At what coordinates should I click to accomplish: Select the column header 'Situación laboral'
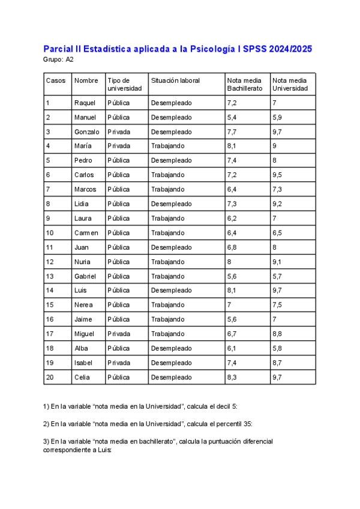pyautogui.click(x=175, y=80)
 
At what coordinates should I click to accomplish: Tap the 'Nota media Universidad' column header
pyautogui.click(x=290, y=84)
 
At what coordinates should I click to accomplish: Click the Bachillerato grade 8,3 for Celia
pyautogui.click(x=232, y=377)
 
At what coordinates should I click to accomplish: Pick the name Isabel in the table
pyautogui.click(x=83, y=363)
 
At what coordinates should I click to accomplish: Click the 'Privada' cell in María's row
pyautogui.click(x=118, y=146)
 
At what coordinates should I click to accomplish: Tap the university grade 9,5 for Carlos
pyautogui.click(x=277, y=175)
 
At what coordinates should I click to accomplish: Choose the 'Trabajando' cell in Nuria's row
pyautogui.click(x=167, y=262)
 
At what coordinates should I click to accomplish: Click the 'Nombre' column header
pyautogui.click(x=86, y=80)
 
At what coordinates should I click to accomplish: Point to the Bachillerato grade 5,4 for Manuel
pyautogui.click(x=232, y=117)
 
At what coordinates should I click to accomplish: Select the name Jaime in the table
pyautogui.click(x=83, y=319)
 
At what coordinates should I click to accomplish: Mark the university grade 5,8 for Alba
pyautogui.click(x=277, y=348)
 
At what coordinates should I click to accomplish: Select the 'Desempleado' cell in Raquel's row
pyautogui.click(x=171, y=103)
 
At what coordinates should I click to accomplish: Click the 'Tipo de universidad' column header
pyautogui.click(x=124, y=84)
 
